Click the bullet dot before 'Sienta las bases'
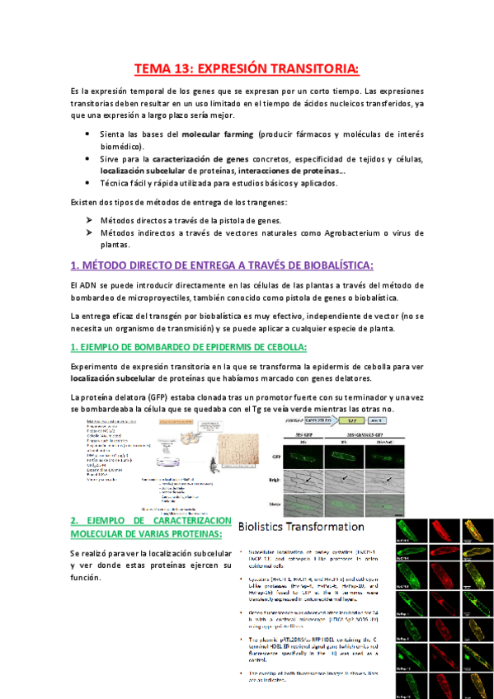click(x=89, y=134)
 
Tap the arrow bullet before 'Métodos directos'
click(x=89, y=221)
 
